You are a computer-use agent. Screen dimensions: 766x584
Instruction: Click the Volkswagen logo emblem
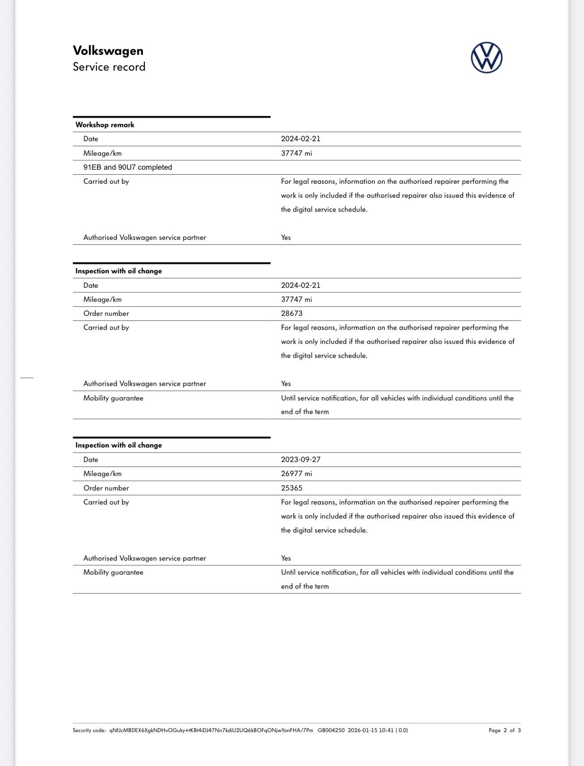click(x=486, y=58)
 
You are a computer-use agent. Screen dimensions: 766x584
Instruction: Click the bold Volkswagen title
click(x=108, y=51)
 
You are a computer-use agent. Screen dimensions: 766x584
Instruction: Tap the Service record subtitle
click(x=109, y=67)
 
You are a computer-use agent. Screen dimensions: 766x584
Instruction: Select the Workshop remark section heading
click(x=105, y=125)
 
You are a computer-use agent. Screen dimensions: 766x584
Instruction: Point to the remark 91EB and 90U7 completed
click(x=128, y=167)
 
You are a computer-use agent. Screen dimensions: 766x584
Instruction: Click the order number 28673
click(x=292, y=314)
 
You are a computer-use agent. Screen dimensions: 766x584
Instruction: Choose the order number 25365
click(x=292, y=488)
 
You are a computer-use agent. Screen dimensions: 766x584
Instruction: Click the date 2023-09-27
click(x=301, y=460)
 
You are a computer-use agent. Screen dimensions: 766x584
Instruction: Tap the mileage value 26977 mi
click(x=297, y=474)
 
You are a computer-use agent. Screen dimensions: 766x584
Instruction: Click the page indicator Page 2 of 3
click(x=505, y=730)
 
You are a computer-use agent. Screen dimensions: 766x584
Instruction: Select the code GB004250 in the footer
click(x=331, y=730)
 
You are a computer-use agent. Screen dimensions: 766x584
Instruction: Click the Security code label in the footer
click(x=89, y=730)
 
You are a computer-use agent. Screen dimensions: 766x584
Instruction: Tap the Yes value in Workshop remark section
click(x=286, y=238)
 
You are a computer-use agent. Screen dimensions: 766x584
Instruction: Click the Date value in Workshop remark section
click(x=301, y=139)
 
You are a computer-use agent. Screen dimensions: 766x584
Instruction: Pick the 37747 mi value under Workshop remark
click(x=297, y=153)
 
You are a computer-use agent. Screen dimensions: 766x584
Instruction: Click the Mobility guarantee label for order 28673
click(x=113, y=398)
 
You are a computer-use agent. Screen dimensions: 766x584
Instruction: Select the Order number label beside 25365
click(x=106, y=488)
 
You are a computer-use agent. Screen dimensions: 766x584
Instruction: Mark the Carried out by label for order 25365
click(x=106, y=502)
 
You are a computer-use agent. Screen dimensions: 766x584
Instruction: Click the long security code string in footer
click(x=211, y=730)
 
